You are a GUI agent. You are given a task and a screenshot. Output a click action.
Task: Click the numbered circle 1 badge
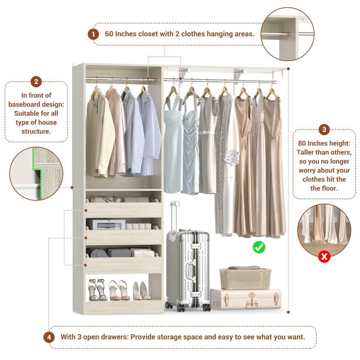point(93,34)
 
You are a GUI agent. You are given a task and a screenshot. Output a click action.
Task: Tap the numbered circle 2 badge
point(36,82)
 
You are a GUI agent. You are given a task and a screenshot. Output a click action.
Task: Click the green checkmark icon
point(259,247)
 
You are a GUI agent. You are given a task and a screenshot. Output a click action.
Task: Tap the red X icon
point(324,256)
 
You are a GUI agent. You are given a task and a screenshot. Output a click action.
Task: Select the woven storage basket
point(245,278)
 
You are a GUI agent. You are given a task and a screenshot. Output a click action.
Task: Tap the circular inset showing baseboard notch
point(36,173)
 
